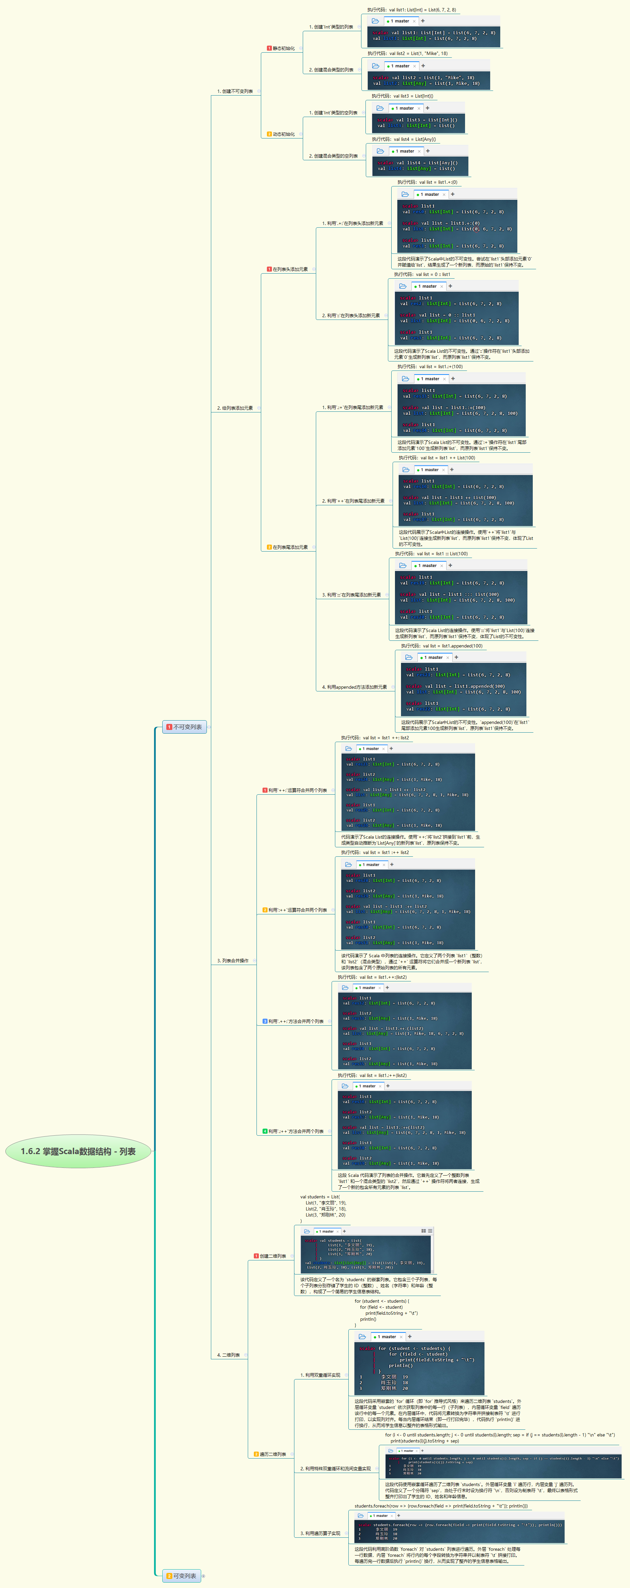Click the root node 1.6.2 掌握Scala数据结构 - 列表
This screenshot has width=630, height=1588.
click(78, 1151)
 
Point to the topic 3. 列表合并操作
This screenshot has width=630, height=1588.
click(233, 960)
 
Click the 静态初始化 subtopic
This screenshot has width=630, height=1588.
click(284, 48)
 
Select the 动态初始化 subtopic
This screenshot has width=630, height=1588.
click(284, 134)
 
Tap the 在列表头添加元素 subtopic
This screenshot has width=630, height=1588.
click(290, 269)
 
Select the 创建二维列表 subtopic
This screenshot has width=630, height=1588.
click(273, 1256)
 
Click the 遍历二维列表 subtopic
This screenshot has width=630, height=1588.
click(273, 1454)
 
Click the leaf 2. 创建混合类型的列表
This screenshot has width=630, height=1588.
click(331, 70)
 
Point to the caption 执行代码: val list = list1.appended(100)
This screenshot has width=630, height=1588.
click(441, 646)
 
